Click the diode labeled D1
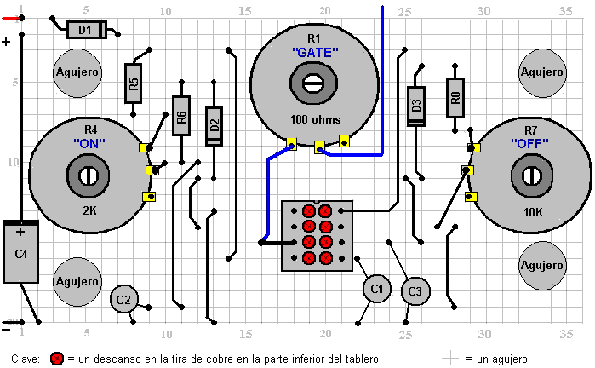coord(85,30)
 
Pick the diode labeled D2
coord(214,126)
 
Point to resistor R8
coord(455,96)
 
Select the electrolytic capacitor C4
coord(21,252)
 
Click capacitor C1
coord(376,290)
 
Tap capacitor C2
coord(123,299)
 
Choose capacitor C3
coord(415,291)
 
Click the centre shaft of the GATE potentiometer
coord(313,83)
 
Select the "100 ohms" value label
coord(314,118)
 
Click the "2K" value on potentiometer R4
coord(89,210)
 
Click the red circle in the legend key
coord(57,359)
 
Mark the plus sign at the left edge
coord(7,42)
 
